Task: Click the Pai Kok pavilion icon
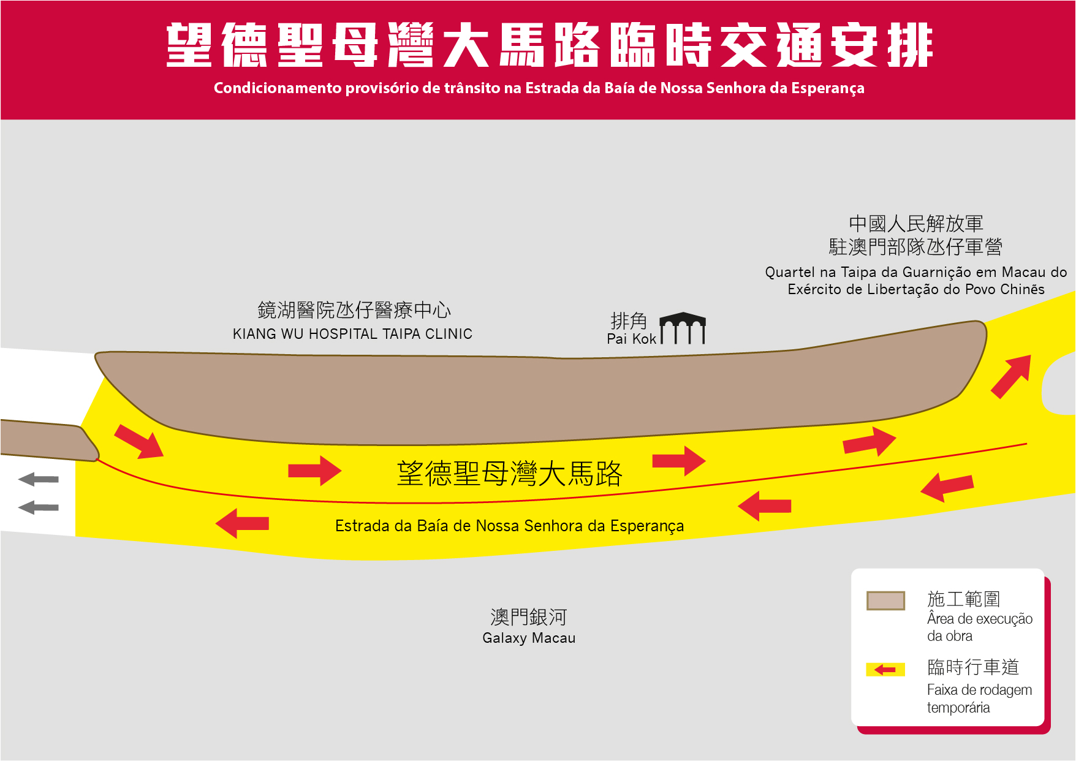click(683, 328)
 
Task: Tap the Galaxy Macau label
click(529, 638)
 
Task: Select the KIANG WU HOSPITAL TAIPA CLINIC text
click(352, 334)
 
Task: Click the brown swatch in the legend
click(885, 600)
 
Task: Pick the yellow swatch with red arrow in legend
click(885, 670)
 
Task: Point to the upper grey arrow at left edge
click(39, 479)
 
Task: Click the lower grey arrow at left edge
click(39, 507)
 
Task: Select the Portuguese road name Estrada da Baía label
click(509, 526)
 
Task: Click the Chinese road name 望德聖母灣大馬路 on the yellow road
click(509, 474)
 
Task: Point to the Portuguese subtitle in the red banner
click(539, 88)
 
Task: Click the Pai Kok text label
click(631, 339)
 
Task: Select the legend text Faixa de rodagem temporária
click(979, 699)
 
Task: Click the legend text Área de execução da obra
click(979, 627)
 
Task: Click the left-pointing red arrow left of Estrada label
click(243, 523)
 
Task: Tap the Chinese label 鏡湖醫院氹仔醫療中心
click(354, 310)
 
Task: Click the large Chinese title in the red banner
click(549, 45)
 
